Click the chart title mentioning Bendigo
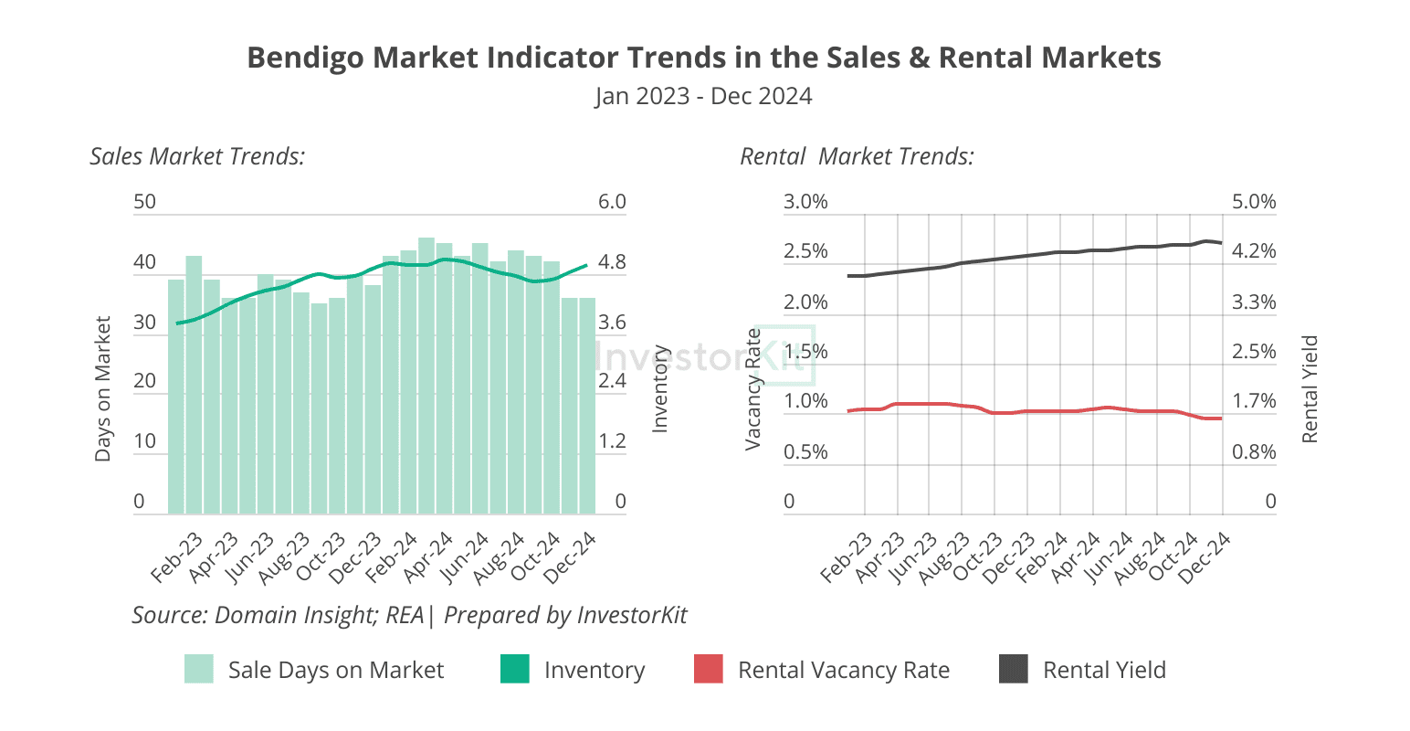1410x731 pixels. point(704,58)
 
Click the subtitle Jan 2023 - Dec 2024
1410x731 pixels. point(703,96)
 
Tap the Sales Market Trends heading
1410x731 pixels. point(197,156)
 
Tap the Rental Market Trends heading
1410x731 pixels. point(857,156)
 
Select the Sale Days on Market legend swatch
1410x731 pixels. point(199,669)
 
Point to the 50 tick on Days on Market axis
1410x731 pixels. point(144,202)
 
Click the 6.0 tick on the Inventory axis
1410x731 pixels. point(612,202)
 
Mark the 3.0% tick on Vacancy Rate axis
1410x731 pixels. point(805,202)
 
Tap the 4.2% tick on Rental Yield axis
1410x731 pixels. point(1254,251)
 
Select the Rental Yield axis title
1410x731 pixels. point(1310,388)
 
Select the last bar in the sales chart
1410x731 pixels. point(586,407)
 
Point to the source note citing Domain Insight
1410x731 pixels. point(409,615)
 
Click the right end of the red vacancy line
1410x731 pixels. point(1220,418)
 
